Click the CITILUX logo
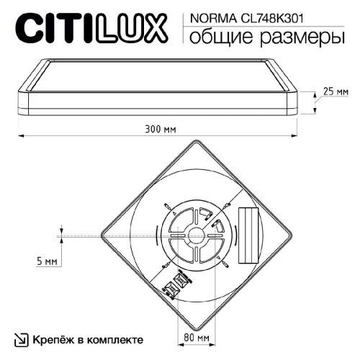[92, 30]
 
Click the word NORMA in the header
[207, 19]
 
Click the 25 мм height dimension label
[335, 93]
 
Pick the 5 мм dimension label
[45, 262]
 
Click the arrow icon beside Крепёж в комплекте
[22, 338]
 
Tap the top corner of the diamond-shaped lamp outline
[195, 142]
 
